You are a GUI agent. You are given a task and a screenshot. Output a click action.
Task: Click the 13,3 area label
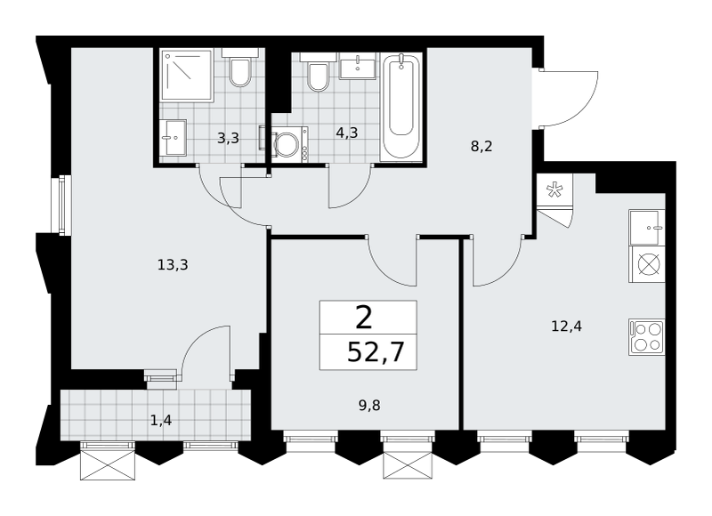pos(173,264)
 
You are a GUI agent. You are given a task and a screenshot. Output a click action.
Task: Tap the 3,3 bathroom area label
pos(228,138)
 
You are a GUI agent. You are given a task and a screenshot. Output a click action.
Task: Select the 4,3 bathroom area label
pos(347,133)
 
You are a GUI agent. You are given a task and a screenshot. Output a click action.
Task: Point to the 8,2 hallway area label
pos(481,147)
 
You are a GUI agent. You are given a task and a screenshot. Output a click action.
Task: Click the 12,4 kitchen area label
pos(566,326)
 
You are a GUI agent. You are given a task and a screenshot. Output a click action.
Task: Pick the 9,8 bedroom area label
pos(369,406)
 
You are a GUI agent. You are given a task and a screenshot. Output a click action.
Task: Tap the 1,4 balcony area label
pos(161,421)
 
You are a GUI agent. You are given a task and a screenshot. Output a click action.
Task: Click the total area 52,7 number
pos(376,352)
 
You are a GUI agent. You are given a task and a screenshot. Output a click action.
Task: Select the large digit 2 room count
pos(364,318)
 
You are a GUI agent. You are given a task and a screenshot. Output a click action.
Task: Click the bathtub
pos(401,106)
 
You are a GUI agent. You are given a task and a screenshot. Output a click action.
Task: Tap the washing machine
pos(289,142)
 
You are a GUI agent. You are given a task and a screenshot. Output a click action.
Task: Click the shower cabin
pos(187,76)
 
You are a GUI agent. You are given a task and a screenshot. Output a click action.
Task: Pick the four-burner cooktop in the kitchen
pos(647,337)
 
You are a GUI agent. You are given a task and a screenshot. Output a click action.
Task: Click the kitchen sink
pos(647,228)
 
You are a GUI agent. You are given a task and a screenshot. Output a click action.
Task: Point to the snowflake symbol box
pos(554,190)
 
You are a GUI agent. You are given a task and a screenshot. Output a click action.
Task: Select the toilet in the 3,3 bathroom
pos(239,69)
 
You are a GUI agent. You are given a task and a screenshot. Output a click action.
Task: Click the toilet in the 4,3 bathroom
pos(319,73)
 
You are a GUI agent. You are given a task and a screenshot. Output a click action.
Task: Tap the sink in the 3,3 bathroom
pos(173,138)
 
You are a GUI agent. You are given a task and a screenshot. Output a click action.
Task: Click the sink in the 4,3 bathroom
pos(358,66)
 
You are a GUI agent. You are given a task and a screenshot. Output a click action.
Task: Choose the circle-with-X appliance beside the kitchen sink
pos(647,264)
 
